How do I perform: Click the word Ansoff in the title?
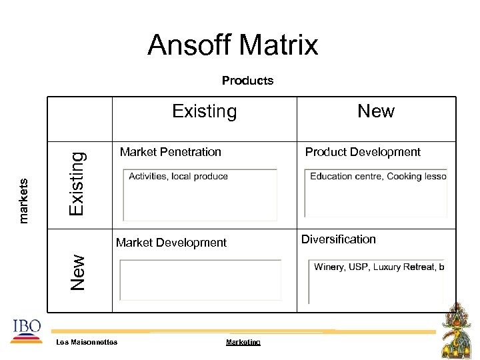click(x=189, y=45)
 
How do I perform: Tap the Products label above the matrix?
click(x=247, y=81)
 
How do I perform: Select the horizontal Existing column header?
click(x=204, y=111)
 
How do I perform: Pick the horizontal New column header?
click(x=376, y=111)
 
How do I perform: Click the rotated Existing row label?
click(x=77, y=183)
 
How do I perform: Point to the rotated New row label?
click(x=78, y=271)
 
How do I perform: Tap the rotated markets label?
click(x=23, y=200)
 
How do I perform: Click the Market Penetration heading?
click(x=170, y=152)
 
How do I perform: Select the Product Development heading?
click(x=363, y=152)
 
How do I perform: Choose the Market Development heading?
click(x=171, y=243)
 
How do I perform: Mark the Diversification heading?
click(x=339, y=239)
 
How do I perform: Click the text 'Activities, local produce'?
click(x=178, y=177)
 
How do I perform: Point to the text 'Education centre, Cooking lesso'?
click(x=377, y=177)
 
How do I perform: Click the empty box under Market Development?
click(x=200, y=280)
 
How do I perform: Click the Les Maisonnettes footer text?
click(x=87, y=342)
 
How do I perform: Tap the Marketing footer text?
click(x=243, y=342)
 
